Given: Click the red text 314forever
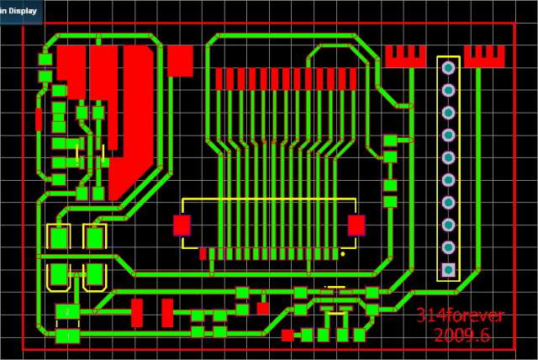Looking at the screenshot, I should click(x=460, y=316).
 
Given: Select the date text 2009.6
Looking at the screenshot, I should click(x=462, y=336).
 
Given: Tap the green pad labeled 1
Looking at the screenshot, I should click(x=67, y=336).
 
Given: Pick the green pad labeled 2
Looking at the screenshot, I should click(x=67, y=312).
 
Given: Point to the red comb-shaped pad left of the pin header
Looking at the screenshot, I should click(x=406, y=57).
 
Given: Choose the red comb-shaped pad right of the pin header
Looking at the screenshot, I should click(x=484, y=57).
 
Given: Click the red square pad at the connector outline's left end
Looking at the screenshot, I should click(x=182, y=225).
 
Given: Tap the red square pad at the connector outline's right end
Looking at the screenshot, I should click(x=356, y=225).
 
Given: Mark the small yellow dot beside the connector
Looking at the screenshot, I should click(x=343, y=252).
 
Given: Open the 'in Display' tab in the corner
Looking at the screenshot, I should click(x=19, y=11).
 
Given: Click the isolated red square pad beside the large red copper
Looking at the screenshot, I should click(x=180, y=61).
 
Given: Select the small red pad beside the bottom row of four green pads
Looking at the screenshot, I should click(x=287, y=335).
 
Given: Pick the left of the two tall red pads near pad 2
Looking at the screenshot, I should click(x=137, y=313).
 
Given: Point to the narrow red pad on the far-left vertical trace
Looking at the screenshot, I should click(x=39, y=117).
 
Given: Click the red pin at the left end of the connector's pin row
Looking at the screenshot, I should click(x=203, y=252).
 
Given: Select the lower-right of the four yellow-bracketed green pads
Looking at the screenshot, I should click(x=95, y=273).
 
